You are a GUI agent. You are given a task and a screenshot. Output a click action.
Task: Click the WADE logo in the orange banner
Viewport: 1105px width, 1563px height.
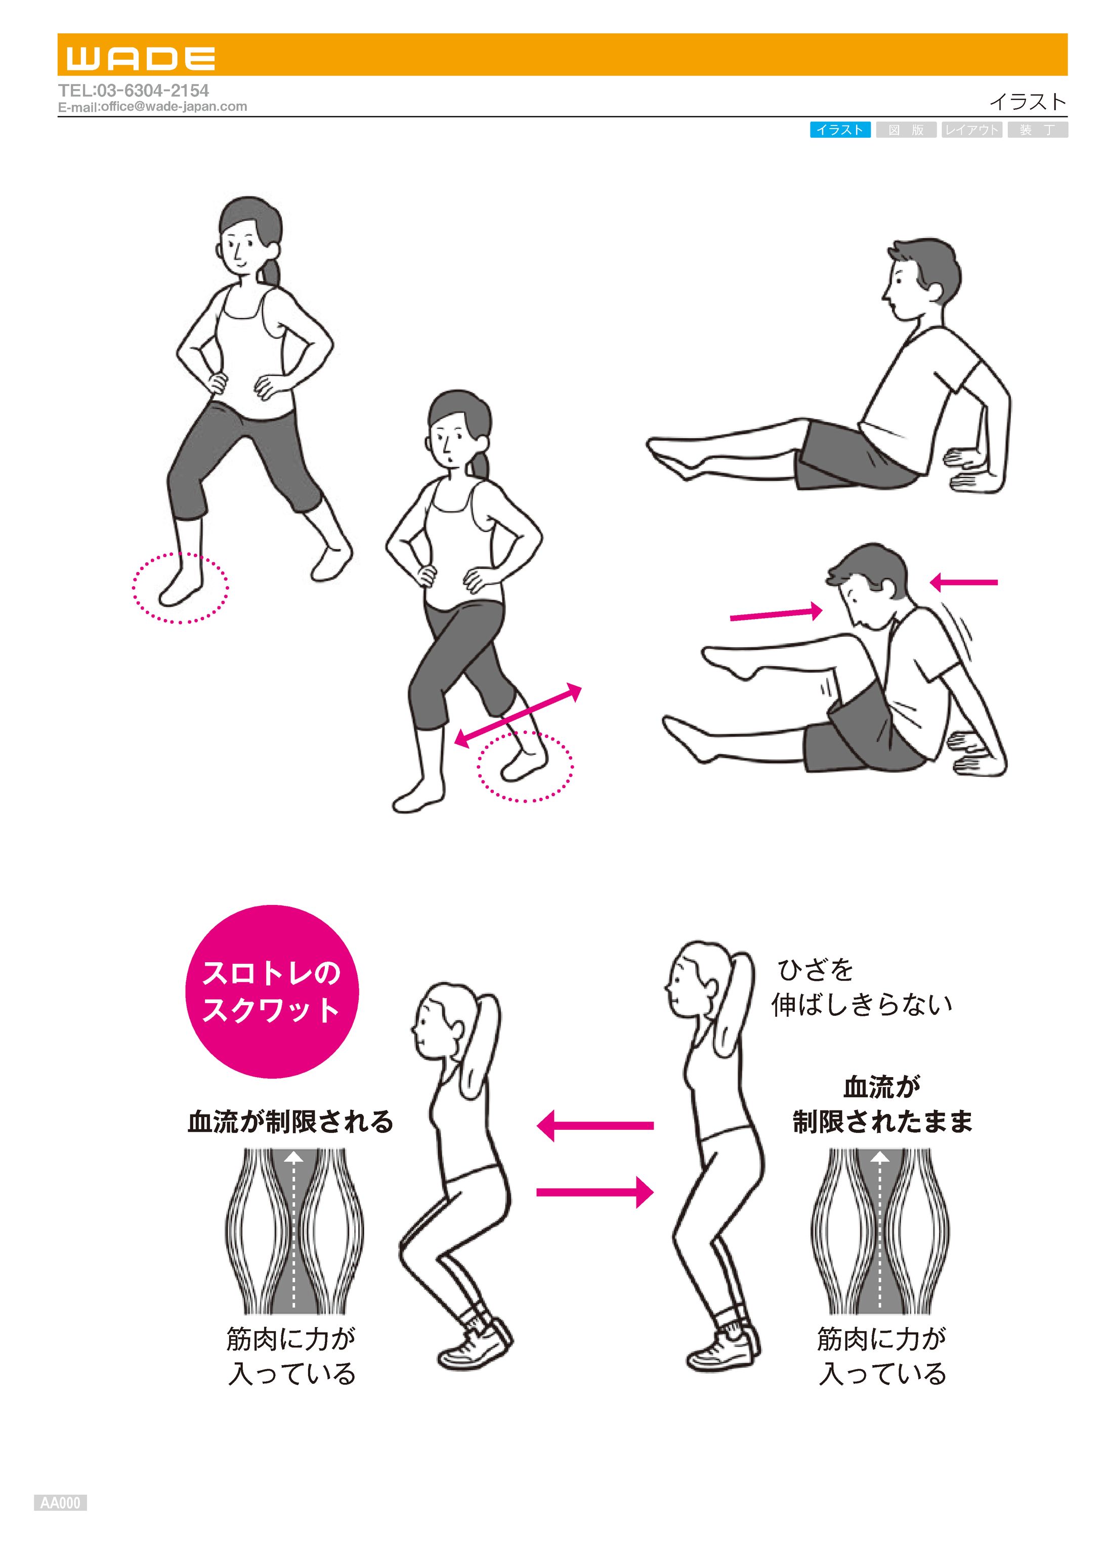(x=141, y=59)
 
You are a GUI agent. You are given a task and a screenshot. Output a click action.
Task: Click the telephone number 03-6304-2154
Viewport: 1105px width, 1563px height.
(x=152, y=91)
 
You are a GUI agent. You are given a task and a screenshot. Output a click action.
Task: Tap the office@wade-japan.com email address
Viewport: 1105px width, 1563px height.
(x=174, y=107)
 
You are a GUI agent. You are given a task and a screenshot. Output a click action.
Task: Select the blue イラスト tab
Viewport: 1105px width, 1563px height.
(x=840, y=130)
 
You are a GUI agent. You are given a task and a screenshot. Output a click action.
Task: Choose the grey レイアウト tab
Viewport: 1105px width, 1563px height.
(x=971, y=130)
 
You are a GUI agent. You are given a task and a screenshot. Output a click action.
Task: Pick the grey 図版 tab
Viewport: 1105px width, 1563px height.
(x=906, y=130)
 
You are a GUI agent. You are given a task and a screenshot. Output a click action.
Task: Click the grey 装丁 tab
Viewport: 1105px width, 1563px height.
(x=1038, y=130)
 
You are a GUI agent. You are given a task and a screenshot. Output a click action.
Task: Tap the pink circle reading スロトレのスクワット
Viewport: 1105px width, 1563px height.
(x=272, y=992)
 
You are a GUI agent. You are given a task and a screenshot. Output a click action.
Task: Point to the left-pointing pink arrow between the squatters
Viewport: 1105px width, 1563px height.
(x=596, y=1126)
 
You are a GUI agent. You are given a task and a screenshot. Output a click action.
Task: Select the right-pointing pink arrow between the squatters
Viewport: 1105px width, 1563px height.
(x=596, y=1192)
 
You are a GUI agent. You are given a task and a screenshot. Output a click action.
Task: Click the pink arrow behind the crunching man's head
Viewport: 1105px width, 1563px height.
(x=963, y=582)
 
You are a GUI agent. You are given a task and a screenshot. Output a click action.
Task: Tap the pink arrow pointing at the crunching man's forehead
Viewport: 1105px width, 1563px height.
(x=776, y=614)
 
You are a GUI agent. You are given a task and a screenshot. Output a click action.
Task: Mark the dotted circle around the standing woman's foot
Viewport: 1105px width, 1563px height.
(x=180, y=588)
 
